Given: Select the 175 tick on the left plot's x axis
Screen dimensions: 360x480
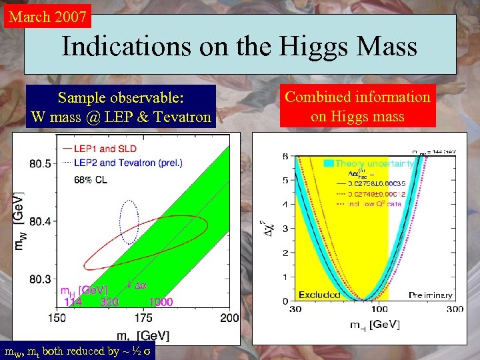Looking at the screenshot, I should (x=143, y=319).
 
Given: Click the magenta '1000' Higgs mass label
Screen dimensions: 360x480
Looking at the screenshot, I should (x=161, y=302).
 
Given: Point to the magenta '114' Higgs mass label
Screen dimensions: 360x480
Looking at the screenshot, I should (x=73, y=302).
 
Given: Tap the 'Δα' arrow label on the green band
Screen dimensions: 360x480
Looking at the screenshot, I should (x=138, y=285).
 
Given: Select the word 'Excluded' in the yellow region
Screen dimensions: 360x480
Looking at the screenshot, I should (x=319, y=294).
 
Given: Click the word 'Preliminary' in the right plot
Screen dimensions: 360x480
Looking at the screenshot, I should (x=430, y=295).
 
